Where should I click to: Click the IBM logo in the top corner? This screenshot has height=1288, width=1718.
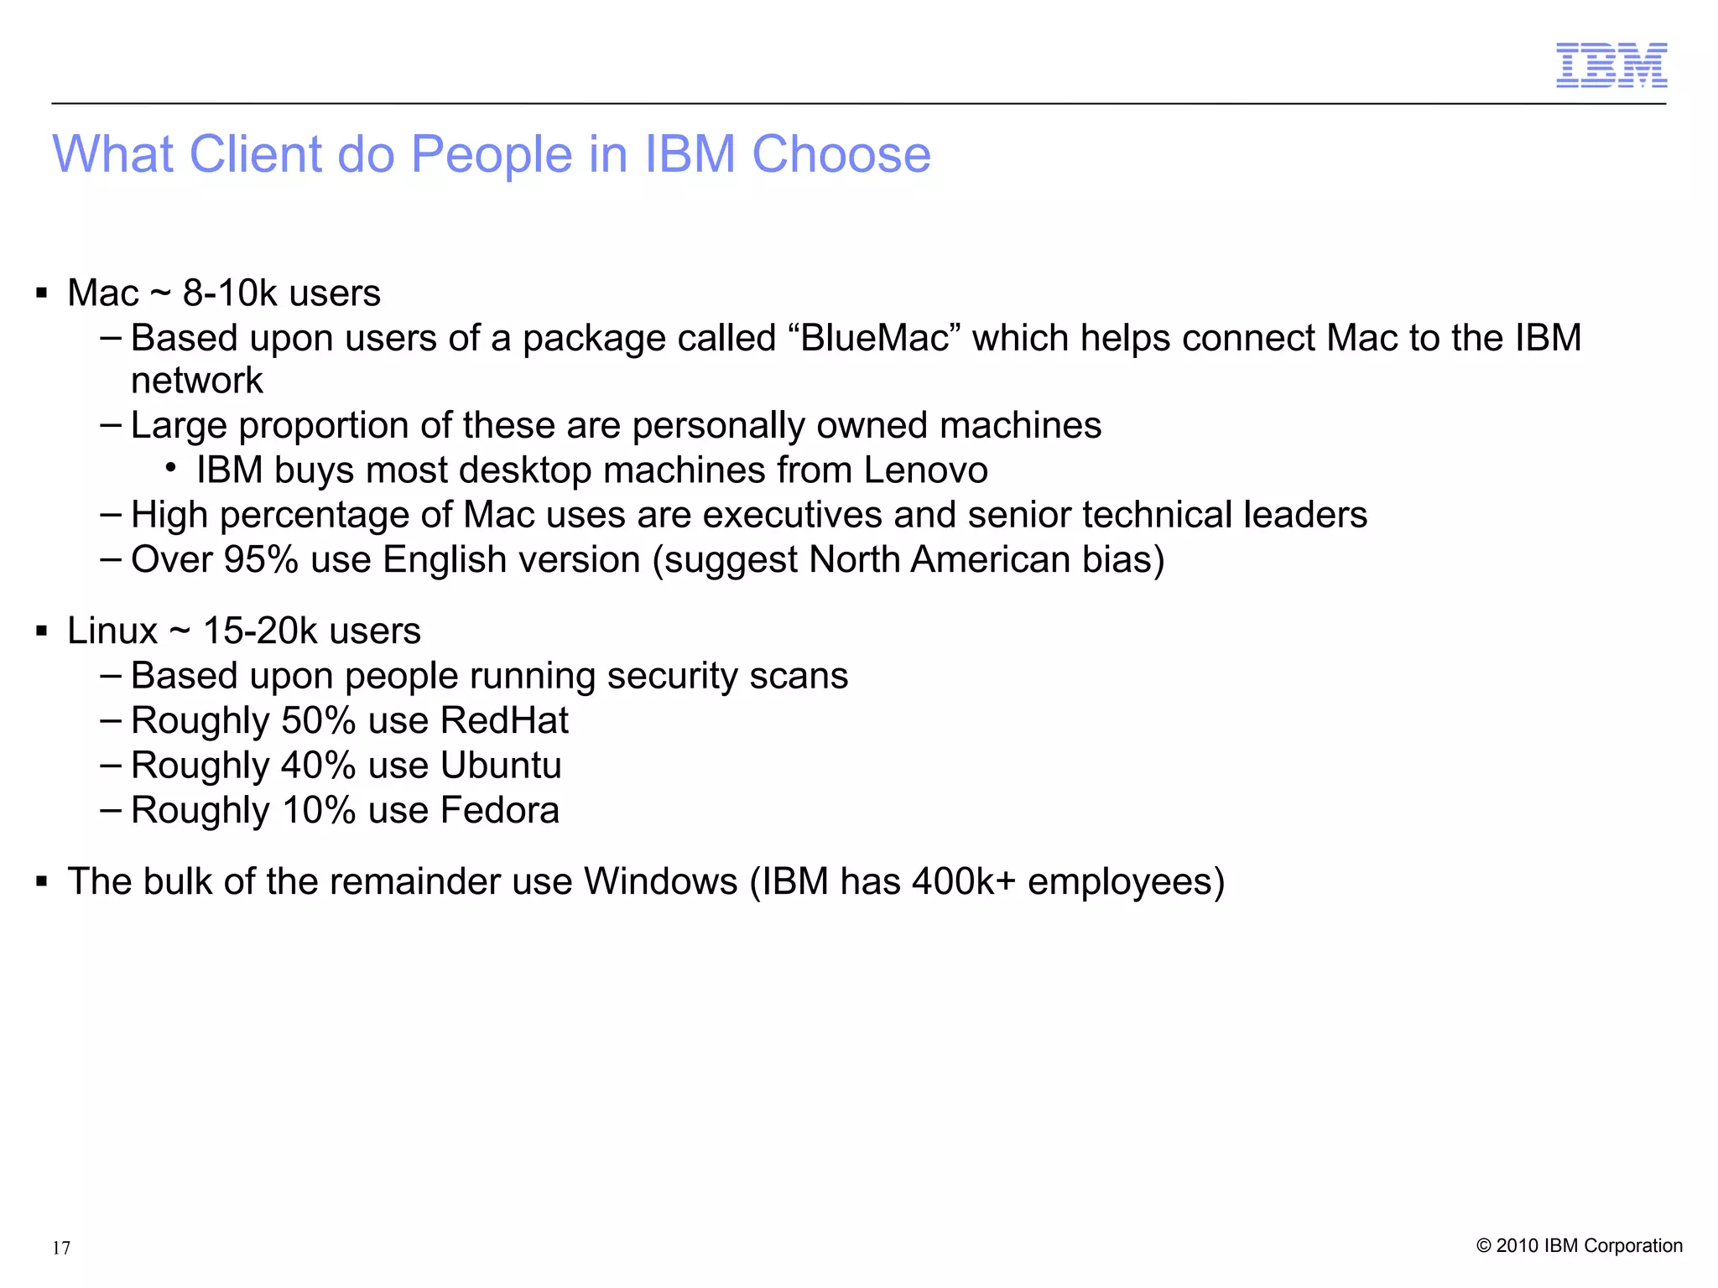point(1611,65)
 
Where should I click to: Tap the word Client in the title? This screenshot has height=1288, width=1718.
point(255,155)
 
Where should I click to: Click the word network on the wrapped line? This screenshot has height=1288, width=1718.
point(197,382)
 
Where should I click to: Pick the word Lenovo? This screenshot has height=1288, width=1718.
point(925,470)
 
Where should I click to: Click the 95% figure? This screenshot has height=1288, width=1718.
point(261,560)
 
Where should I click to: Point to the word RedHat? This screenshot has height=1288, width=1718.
point(504,721)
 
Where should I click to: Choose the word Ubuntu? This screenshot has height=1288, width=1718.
point(501,766)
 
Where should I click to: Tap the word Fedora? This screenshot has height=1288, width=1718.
point(499,811)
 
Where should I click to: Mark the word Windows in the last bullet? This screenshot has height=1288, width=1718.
point(661,882)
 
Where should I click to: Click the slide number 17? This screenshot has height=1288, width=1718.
point(61,1248)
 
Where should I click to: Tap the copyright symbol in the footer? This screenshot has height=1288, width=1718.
point(1483,1246)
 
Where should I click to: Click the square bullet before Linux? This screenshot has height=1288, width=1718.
point(41,631)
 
